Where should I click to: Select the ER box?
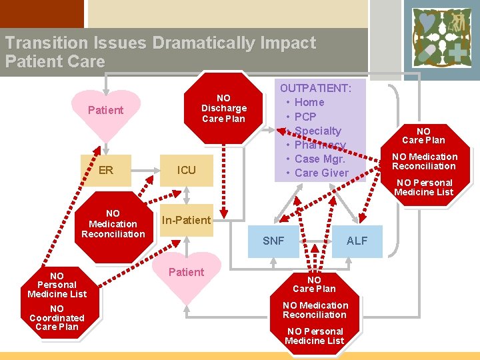[x=105, y=170]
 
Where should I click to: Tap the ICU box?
[x=187, y=170]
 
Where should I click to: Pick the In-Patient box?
[x=186, y=220]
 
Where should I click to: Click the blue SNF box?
[x=273, y=241]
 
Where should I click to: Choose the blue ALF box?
[x=357, y=241]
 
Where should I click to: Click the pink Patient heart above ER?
[x=105, y=112]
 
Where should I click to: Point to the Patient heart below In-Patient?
[x=186, y=273]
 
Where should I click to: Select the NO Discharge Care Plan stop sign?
[x=223, y=109]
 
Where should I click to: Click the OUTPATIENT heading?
[x=315, y=88]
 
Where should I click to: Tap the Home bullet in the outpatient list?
[x=309, y=102]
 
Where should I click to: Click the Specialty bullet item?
[x=317, y=131]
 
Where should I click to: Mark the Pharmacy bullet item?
[x=320, y=145]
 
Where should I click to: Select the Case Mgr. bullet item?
[x=319, y=159]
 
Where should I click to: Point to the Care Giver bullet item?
[x=321, y=173]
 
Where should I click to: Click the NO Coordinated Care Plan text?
[x=57, y=318]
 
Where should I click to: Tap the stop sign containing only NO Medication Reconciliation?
[x=113, y=224]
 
